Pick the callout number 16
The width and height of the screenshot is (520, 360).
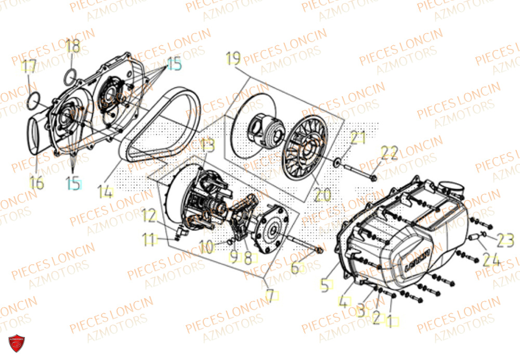tap(36, 183)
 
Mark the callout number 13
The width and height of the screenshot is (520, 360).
tap(207, 145)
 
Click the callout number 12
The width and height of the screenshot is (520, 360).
tap(149, 214)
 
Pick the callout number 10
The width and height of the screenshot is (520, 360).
tap(206, 247)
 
